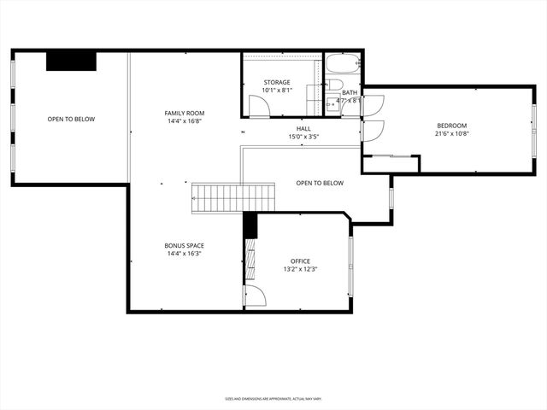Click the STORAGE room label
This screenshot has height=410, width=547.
pyautogui.click(x=276, y=82)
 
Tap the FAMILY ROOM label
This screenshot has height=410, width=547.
pyautogui.click(x=185, y=113)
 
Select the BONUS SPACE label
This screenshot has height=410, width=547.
pyautogui.click(x=185, y=245)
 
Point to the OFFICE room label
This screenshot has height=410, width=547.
pyautogui.click(x=300, y=261)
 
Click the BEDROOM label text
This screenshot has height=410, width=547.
pyautogui.click(x=452, y=125)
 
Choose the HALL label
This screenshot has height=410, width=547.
pyautogui.click(x=303, y=128)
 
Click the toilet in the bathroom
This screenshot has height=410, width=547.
pyautogui.click(x=335, y=85)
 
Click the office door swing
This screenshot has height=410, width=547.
pyautogui.click(x=255, y=296)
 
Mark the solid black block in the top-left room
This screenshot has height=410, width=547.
pyautogui.click(x=71, y=61)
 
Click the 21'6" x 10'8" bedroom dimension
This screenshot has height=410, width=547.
pyautogui.click(x=452, y=133)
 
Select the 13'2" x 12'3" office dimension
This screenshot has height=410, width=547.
pyautogui.click(x=300, y=269)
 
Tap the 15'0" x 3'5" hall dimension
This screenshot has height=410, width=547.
pyautogui.click(x=303, y=136)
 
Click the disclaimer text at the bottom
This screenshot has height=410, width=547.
pyautogui.click(x=273, y=398)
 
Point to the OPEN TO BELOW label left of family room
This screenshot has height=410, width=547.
pyautogui.click(x=71, y=119)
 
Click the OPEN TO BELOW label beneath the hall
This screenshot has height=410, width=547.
pyautogui.click(x=320, y=183)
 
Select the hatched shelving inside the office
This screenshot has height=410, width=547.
pyautogui.click(x=250, y=261)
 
